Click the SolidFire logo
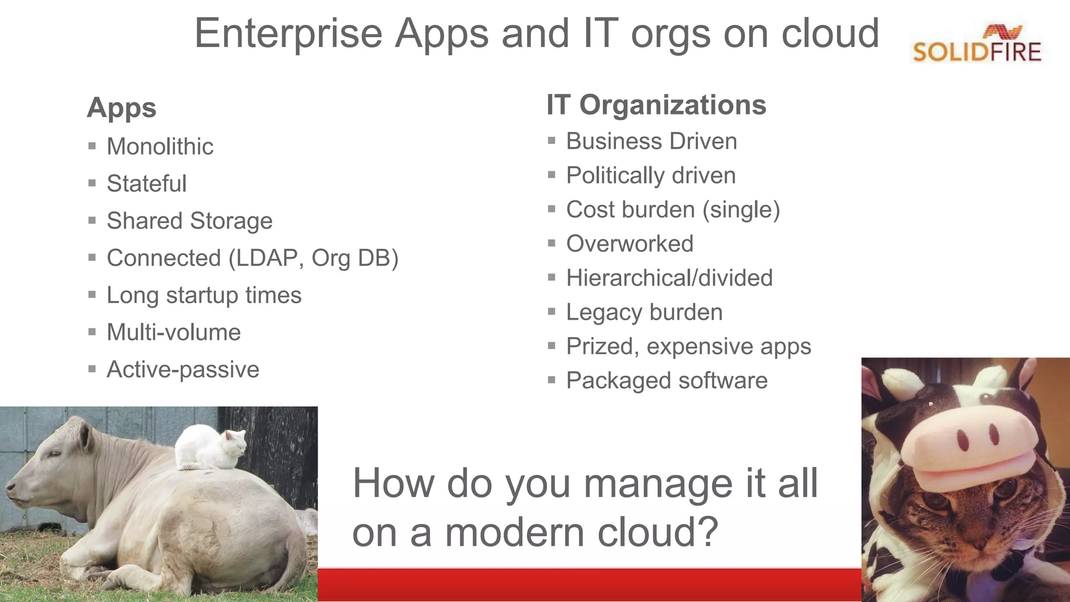pos(976,45)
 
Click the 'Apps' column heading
pos(121,108)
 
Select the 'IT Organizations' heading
pos(656,105)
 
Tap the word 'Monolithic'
pos(160,146)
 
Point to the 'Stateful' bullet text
pos(146,183)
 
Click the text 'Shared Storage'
pos(189,221)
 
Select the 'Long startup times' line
pos(204,295)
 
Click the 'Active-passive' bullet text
pos(183,369)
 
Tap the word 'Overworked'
pos(630,244)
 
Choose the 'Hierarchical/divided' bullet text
pos(669,277)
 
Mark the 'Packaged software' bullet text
pos(667,380)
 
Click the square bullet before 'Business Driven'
pos(551,141)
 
